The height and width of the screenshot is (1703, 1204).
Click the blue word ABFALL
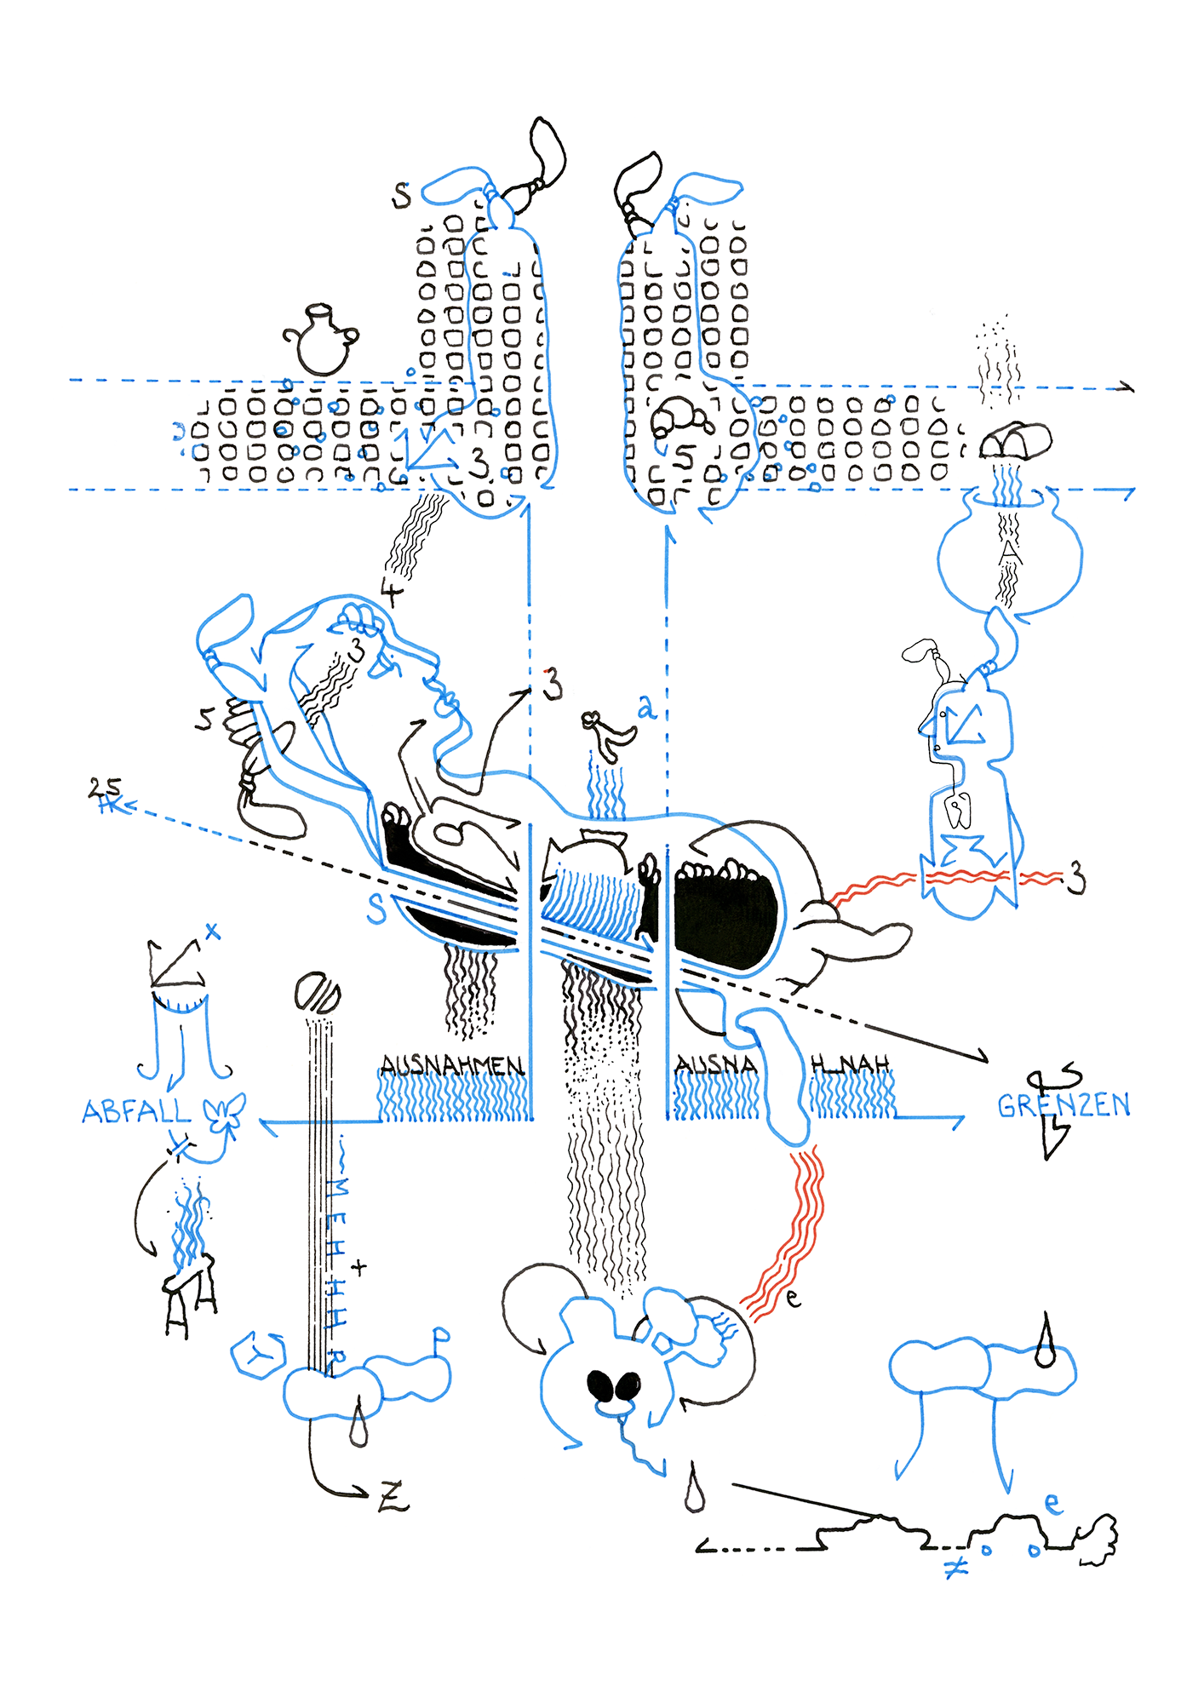click(136, 1111)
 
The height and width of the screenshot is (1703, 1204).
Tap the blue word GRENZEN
click(1064, 1105)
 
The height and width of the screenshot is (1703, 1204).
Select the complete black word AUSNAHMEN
click(451, 1065)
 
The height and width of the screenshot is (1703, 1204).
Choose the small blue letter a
click(647, 706)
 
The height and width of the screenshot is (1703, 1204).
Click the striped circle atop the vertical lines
click(318, 992)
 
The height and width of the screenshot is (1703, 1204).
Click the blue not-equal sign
click(955, 1566)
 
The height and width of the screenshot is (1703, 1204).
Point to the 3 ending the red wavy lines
click(1078, 877)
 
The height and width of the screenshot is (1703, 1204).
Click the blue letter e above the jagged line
click(1052, 1504)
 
